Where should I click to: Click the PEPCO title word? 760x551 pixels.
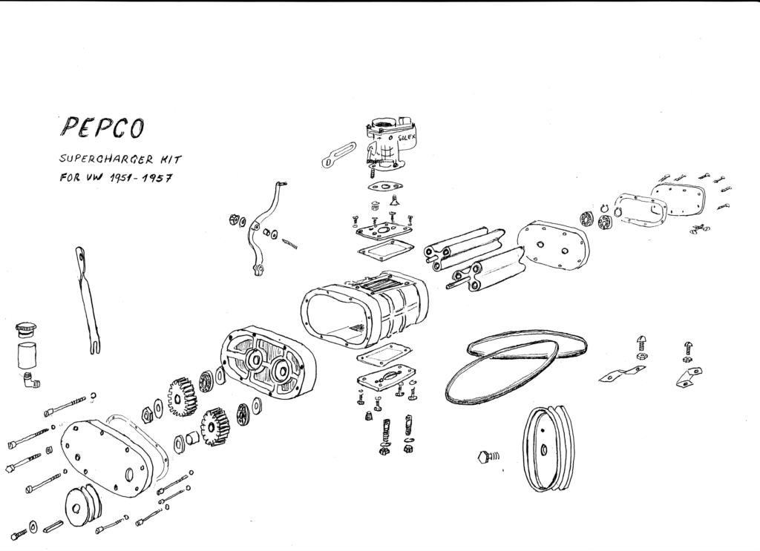102,128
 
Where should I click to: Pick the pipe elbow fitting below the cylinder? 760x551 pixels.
30,381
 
